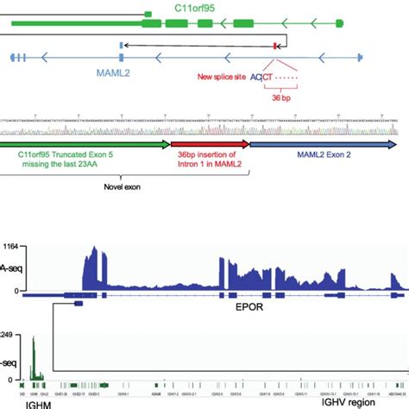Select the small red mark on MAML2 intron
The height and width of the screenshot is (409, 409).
[x=276, y=44]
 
